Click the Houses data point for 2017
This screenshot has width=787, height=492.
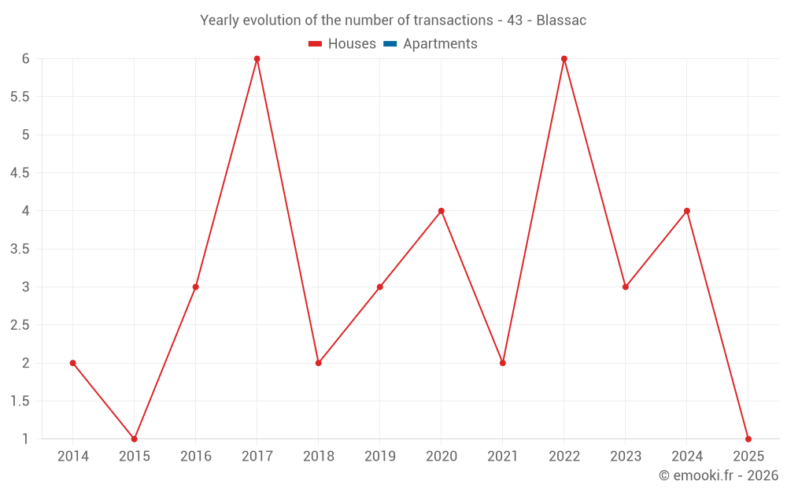257,59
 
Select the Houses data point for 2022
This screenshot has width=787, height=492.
563,59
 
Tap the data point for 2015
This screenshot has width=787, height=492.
134,438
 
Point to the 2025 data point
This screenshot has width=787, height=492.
748,438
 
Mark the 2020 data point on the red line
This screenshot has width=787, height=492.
441,211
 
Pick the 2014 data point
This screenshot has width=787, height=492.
72,363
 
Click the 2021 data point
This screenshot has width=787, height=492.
502,363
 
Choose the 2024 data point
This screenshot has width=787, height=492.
686,211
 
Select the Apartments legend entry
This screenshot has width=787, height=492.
439,44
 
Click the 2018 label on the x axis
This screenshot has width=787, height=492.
318,457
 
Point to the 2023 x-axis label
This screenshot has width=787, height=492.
625,457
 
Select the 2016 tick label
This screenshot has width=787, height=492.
195,457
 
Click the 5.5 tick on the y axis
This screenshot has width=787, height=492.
20,97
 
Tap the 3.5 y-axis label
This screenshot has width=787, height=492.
20,249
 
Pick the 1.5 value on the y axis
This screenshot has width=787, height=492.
20,401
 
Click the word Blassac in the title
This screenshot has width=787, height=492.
561,20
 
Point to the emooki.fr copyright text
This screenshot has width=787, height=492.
718,475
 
